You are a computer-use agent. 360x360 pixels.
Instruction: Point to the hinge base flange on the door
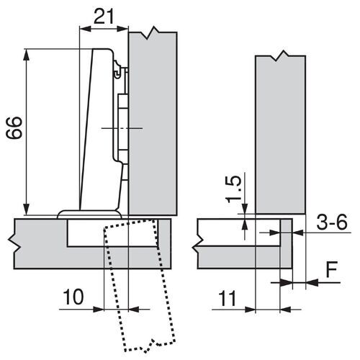(x=89, y=212)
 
